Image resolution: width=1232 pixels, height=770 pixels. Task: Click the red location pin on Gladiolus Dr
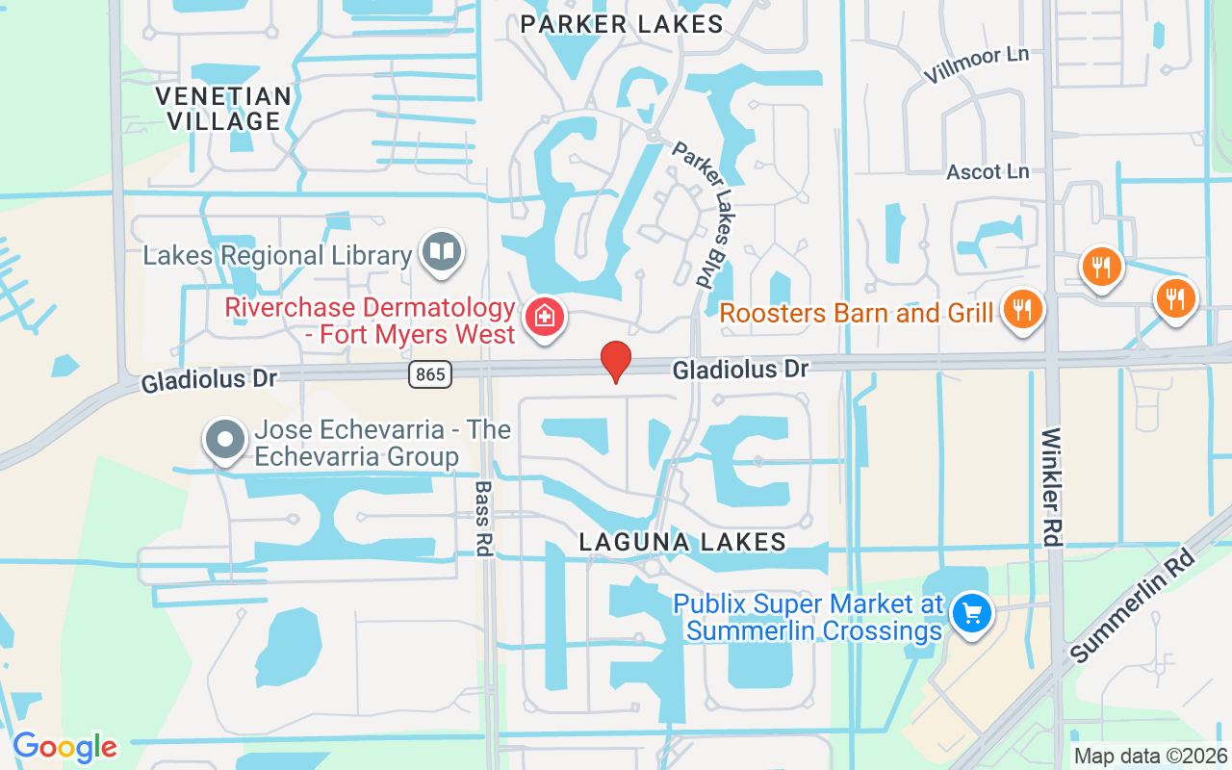616,362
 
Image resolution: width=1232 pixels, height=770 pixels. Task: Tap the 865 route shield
430,374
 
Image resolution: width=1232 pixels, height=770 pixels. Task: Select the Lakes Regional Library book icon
442,253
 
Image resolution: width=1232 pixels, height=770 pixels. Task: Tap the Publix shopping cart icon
971,613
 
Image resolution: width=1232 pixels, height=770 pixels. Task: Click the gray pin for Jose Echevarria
226,440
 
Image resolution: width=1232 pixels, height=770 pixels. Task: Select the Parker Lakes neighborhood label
622,25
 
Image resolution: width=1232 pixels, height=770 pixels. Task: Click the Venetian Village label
223,109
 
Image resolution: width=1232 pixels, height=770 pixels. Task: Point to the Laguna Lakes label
683,543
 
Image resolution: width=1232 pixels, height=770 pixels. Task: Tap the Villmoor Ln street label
976,64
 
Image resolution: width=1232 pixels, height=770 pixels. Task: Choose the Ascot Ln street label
988,172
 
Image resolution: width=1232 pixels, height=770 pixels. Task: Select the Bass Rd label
484,518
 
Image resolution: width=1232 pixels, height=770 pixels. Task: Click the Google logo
64,747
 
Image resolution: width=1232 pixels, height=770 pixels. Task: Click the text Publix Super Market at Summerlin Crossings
808,617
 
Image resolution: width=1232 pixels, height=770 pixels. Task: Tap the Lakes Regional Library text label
277,256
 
